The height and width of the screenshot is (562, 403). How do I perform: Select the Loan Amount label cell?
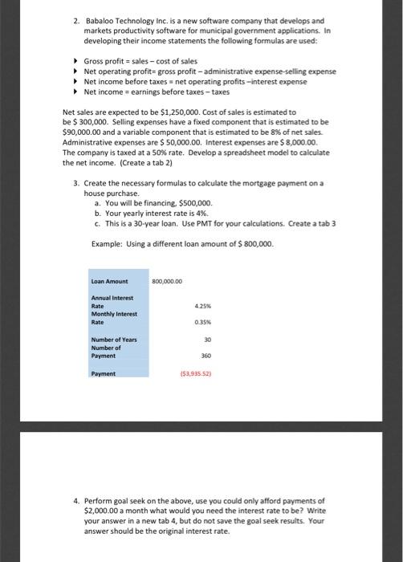(109, 280)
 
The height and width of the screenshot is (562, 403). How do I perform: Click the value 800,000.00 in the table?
(168, 280)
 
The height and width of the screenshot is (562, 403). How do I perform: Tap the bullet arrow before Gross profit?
(76, 60)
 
